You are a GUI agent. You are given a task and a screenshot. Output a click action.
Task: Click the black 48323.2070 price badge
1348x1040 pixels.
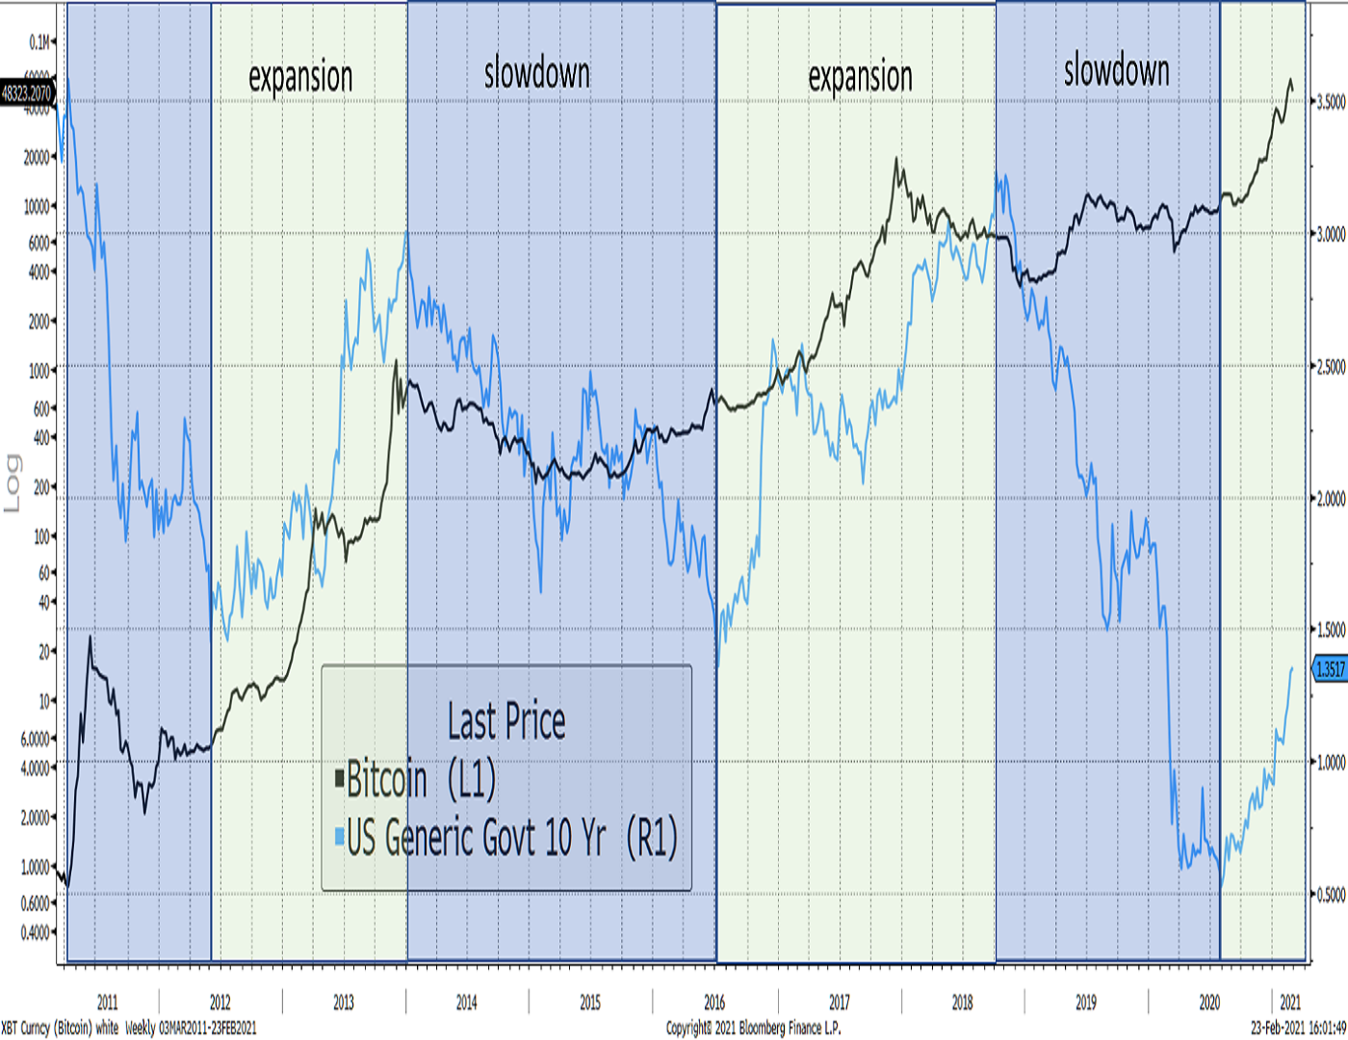click(x=27, y=93)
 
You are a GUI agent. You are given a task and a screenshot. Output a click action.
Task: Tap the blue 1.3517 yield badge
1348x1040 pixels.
click(x=1330, y=669)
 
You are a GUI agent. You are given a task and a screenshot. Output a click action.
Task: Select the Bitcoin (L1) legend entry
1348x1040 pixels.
click(x=420, y=779)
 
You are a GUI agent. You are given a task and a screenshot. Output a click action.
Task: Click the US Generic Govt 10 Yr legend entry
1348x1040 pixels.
click(x=510, y=838)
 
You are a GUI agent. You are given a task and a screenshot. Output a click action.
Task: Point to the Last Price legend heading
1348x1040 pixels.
click(x=506, y=721)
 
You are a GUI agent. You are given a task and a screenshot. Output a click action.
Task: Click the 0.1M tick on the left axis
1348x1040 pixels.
click(x=40, y=42)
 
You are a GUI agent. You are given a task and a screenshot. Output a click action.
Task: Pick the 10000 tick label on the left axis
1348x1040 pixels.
click(x=37, y=206)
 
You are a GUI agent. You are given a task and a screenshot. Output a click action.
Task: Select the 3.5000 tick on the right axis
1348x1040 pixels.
click(x=1331, y=102)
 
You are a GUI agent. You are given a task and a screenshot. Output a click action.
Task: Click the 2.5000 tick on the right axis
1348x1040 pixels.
click(x=1331, y=367)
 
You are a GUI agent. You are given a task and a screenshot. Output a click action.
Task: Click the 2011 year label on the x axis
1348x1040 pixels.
click(x=107, y=1002)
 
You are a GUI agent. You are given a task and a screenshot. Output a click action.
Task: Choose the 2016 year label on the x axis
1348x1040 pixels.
click(x=714, y=1002)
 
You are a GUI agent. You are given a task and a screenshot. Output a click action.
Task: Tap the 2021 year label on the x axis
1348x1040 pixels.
click(x=1290, y=1002)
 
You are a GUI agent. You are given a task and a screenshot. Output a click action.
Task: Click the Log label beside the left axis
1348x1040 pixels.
click(x=13, y=482)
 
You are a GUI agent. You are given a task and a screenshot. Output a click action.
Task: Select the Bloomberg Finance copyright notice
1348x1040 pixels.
click(x=753, y=1028)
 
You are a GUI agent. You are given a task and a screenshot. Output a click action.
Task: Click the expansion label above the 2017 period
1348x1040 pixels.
click(x=860, y=77)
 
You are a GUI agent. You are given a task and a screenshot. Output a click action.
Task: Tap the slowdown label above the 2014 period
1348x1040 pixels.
click(x=536, y=73)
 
